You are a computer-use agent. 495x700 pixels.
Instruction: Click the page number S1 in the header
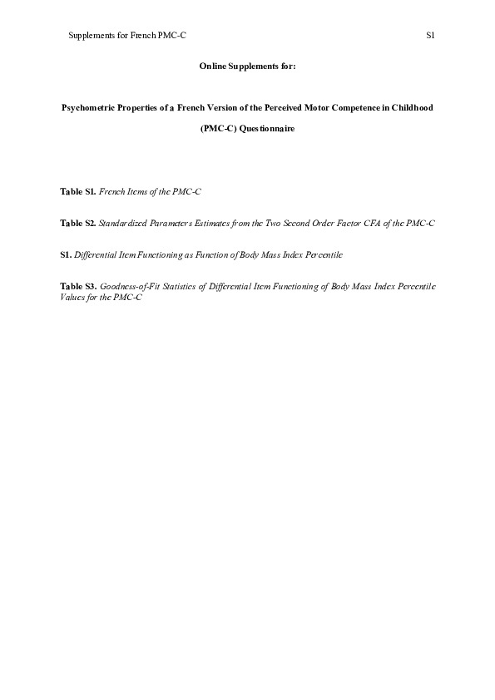pyautogui.click(x=431, y=37)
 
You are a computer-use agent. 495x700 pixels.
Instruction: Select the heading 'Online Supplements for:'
pyautogui.click(x=247, y=66)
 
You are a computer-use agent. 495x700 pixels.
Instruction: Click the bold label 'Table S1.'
pyautogui.click(x=78, y=192)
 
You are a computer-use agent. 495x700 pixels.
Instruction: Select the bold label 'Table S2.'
pyautogui.click(x=78, y=224)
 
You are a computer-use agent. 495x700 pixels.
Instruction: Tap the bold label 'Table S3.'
pyautogui.click(x=78, y=286)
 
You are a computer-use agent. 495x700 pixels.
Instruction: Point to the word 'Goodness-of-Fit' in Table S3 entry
pyautogui.click(x=129, y=286)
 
